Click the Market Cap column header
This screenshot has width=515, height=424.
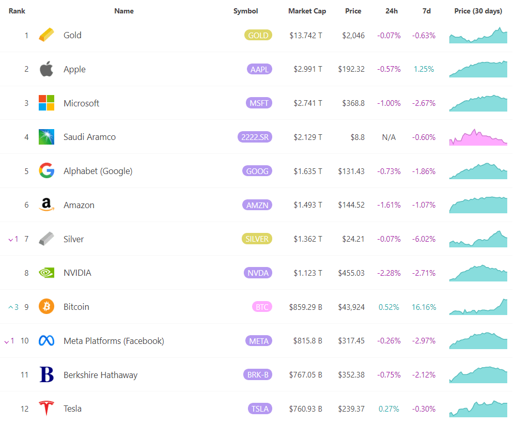pos(307,11)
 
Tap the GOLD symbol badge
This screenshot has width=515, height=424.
pos(258,35)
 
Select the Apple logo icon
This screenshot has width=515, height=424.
pos(46,69)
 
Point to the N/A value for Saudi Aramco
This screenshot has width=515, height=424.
pos(388,137)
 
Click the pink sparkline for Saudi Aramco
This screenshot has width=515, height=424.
pos(478,137)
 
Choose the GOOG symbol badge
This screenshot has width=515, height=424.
pos(258,171)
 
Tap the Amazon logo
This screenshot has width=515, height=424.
pos(46,205)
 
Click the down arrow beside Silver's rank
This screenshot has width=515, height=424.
pos(10,239)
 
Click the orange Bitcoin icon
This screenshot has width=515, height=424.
pos(46,307)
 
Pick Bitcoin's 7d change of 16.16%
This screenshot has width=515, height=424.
pos(424,307)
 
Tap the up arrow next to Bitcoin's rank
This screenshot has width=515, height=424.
pos(10,307)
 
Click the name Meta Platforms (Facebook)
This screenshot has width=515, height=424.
pos(114,341)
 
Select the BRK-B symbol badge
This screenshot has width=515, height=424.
pos(258,375)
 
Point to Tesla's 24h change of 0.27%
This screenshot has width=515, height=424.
pos(389,409)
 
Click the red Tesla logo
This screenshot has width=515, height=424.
pos(46,409)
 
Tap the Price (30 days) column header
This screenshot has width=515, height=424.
pos(478,11)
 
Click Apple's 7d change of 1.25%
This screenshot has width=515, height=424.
pos(424,69)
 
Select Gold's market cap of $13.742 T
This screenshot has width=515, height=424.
pos(306,36)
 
